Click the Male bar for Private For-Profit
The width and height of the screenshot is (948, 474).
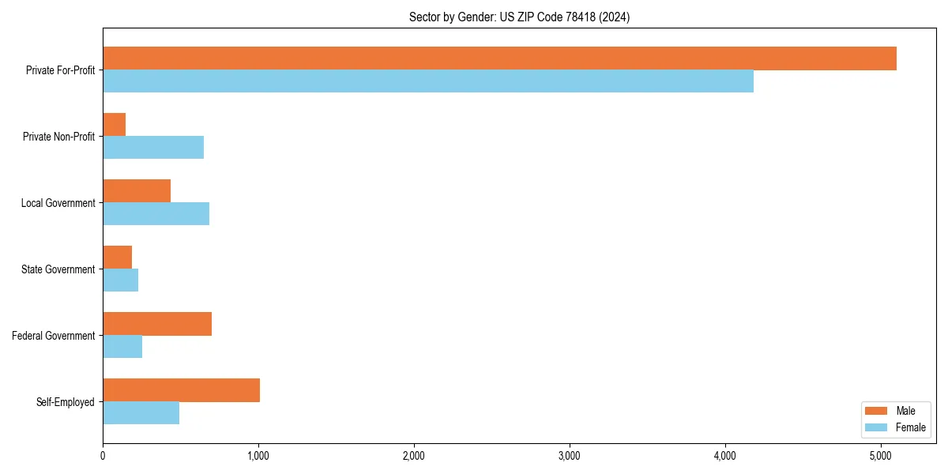pyautogui.click(x=499, y=58)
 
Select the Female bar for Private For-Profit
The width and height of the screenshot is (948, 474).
pyautogui.click(x=428, y=81)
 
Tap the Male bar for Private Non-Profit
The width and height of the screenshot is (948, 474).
pyautogui.click(x=115, y=125)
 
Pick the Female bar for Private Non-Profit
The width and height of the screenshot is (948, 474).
pyautogui.click(x=153, y=148)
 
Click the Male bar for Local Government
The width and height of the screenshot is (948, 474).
pyautogui.click(x=137, y=191)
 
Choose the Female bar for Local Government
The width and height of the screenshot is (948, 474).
pyautogui.click(x=156, y=214)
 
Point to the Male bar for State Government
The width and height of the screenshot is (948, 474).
pyautogui.click(x=118, y=258)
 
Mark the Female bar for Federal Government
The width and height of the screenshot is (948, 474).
pyautogui.click(x=122, y=347)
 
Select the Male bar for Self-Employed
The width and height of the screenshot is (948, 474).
pyautogui.click(x=181, y=390)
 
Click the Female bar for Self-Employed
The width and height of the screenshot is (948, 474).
pyautogui.click(x=141, y=413)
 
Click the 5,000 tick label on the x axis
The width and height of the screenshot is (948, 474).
pyautogui.click(x=881, y=456)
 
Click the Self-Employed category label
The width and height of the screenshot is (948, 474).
pyautogui.click(x=66, y=402)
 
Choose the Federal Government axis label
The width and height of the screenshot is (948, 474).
pyautogui.click(x=54, y=336)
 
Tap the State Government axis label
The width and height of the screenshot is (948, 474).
pyautogui.click(x=58, y=269)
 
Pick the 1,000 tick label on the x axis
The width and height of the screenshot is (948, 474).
pyautogui.click(x=258, y=456)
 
